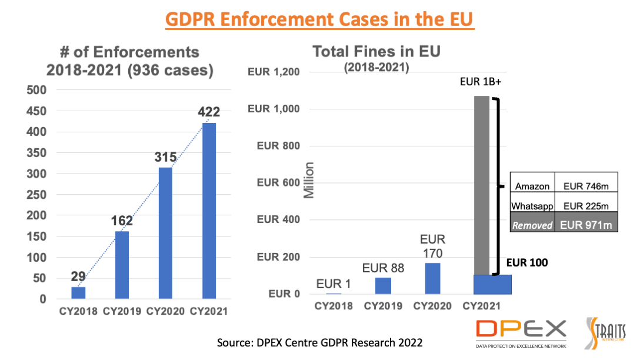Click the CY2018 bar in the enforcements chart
(78, 292)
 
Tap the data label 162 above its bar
(122, 221)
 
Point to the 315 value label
(165, 157)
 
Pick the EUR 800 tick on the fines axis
(278, 146)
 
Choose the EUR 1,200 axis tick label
(274, 72)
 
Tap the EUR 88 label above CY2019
(383, 268)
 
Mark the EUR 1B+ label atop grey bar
(481, 82)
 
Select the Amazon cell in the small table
(532, 186)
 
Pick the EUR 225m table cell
(586, 206)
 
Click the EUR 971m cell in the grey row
(586, 225)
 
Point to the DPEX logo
(521, 333)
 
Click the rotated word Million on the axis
(309, 180)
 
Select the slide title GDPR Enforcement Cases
(319, 19)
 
